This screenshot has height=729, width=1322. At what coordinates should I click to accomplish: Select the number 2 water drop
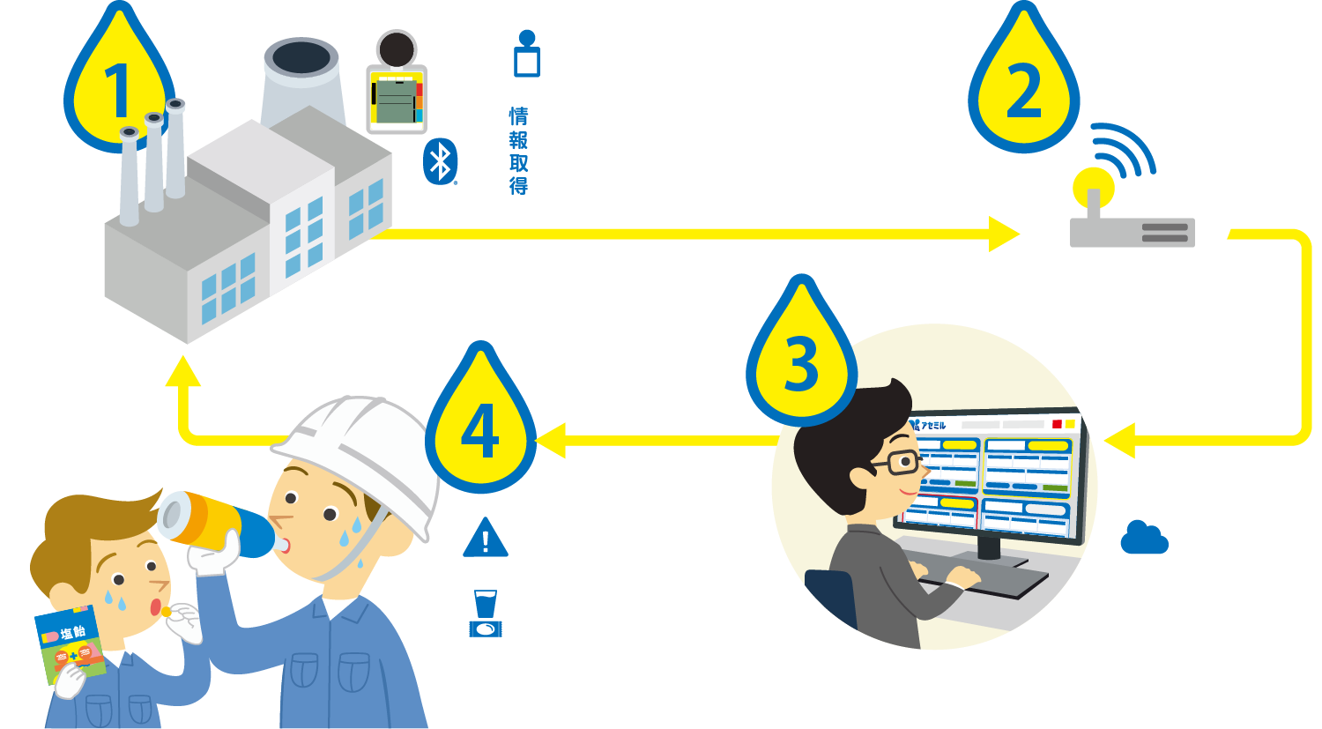[x=1023, y=88]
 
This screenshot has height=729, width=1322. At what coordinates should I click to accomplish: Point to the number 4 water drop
[x=480, y=428]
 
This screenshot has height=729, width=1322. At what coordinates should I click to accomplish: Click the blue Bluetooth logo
[x=440, y=161]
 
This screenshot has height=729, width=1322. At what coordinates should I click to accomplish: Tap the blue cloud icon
[x=1144, y=538]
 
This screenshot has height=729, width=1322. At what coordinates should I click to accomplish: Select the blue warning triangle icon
[x=485, y=538]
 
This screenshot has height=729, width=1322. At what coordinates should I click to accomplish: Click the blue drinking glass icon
[x=485, y=613]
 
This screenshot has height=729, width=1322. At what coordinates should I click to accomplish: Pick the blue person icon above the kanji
[x=526, y=54]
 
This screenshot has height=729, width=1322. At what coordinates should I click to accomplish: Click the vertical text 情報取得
[x=518, y=151]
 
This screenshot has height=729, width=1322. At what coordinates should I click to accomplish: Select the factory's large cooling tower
[x=301, y=84]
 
